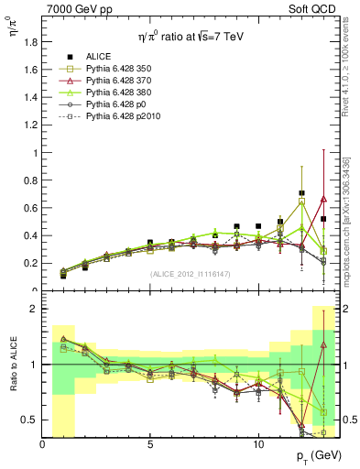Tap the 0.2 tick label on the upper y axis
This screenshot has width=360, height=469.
coord(31,263)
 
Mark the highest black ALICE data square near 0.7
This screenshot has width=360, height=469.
coord(301,193)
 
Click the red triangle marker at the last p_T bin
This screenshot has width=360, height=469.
coord(323,199)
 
